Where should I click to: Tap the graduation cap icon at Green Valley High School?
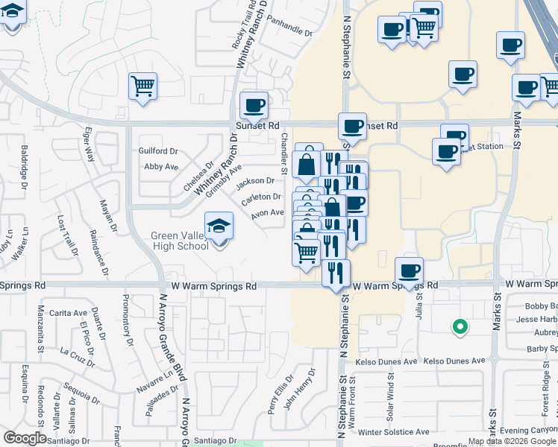coord(219,225)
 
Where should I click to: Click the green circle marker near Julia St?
coord(460,326)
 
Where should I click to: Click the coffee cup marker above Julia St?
coord(409,270)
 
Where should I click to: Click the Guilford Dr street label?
coord(158,150)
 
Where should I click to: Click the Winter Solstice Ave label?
coord(393,431)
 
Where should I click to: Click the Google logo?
coord(25,438)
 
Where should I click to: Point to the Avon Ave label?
coord(268,212)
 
